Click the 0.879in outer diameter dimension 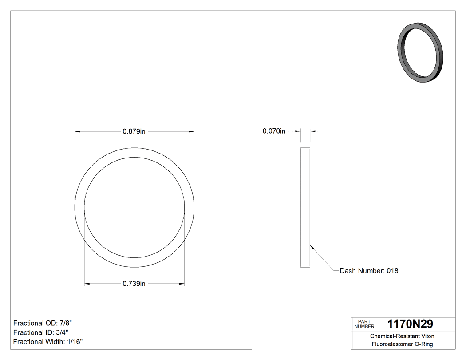coord(134,131)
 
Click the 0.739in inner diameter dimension coord(134,284)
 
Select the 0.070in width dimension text coord(274,131)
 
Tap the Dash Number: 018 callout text coord(369,271)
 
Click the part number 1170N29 coord(410,324)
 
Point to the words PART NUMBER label coord(364,324)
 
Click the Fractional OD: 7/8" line coord(42,323)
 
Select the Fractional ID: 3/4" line coord(41,332)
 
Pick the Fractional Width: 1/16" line coord(48,342)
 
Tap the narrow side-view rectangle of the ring coord(305,207)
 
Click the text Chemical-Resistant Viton coord(402,336)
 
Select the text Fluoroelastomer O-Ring coord(402,344)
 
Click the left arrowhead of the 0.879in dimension coord(77,131)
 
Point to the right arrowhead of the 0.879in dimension coord(192,131)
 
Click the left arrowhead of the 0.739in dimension coord(87,284)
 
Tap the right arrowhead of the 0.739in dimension coord(182,284)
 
